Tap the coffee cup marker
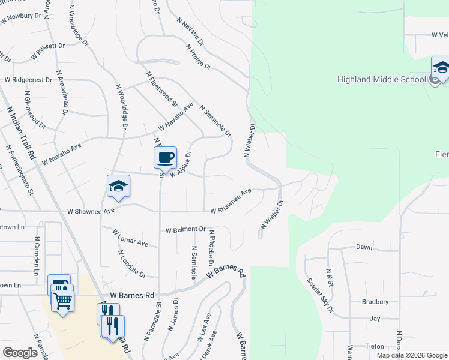tap(165, 158)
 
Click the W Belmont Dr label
tap(185, 230)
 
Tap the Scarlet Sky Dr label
tap(320, 295)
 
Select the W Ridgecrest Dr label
tap(28, 79)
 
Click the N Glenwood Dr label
tap(35, 110)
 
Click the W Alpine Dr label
tap(180, 164)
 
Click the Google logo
tap(20, 353)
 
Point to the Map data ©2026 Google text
tap(411, 355)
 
